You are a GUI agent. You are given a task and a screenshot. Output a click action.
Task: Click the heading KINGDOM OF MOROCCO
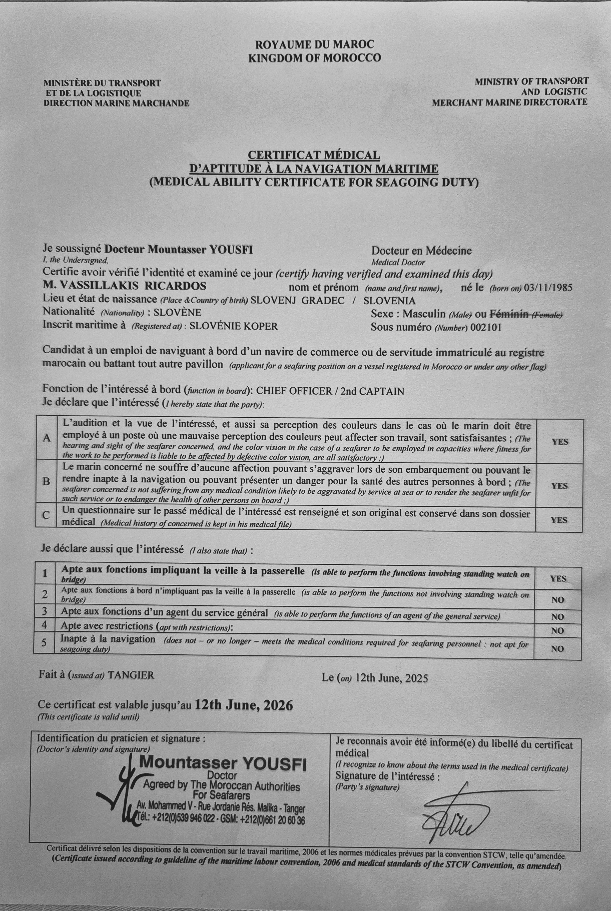[315, 58]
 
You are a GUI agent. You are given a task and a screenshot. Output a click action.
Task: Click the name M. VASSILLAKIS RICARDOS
[125, 286]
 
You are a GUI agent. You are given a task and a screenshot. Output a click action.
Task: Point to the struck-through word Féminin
[508, 313]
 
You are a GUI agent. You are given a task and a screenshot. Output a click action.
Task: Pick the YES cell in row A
[560, 441]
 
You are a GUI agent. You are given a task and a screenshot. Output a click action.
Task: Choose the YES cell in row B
[559, 486]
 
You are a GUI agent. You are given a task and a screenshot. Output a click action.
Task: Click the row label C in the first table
[46, 515]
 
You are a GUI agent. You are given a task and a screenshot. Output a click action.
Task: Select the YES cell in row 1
[558, 578]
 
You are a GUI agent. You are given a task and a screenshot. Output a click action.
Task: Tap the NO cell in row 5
[558, 648]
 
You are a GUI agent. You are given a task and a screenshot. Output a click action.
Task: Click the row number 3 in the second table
[45, 610]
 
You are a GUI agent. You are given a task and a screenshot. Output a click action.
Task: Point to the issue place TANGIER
[131, 675]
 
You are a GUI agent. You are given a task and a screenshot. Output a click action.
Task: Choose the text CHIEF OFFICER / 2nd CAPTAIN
[330, 391]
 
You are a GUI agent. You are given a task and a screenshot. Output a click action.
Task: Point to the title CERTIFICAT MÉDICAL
[314, 155]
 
